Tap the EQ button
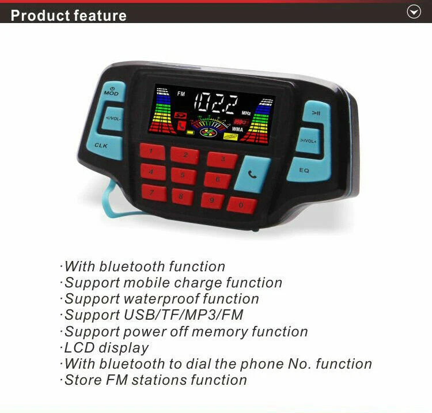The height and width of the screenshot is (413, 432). [x=304, y=170]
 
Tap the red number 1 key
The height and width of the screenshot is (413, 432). [x=153, y=151]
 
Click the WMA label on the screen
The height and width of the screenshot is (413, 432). [x=238, y=129]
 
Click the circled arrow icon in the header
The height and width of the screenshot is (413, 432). [x=414, y=12]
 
